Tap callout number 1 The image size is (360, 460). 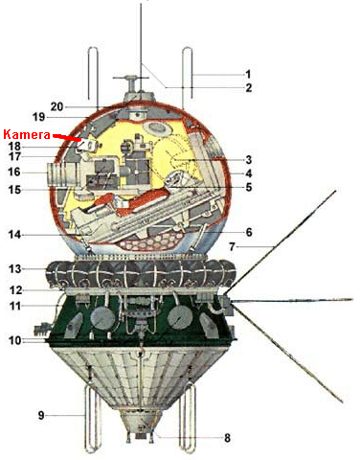point(247,74)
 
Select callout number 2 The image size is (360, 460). point(247,88)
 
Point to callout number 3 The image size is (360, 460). point(247,159)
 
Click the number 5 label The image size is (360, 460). point(247,188)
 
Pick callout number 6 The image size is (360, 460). point(247,232)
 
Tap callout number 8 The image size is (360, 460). point(227,439)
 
